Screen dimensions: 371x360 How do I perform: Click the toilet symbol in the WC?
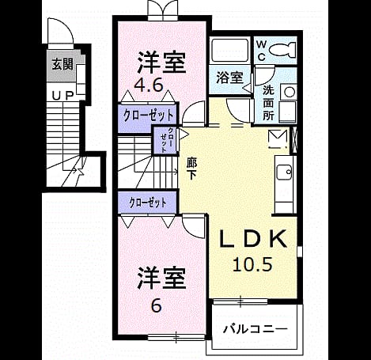(282, 49)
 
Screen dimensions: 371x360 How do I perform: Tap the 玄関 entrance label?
(62, 64)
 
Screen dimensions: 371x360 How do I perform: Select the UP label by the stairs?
(62, 96)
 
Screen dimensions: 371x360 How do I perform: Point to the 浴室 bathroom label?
(229, 78)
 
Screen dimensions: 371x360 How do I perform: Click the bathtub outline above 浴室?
(229, 50)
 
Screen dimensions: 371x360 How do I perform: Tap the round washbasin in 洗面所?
(290, 92)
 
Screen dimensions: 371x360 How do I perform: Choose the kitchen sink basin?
(284, 172)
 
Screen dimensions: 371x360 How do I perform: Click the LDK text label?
(253, 239)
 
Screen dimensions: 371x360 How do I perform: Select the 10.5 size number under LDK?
(252, 264)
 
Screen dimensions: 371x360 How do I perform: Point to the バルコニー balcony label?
(255, 329)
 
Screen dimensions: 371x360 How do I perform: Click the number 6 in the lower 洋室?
(157, 305)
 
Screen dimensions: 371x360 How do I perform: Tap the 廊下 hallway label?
(191, 168)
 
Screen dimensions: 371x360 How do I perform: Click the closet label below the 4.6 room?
(149, 116)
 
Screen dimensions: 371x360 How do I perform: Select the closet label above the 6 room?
(148, 203)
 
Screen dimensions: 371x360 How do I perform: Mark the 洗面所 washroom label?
(268, 103)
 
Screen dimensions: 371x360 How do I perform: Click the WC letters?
(261, 51)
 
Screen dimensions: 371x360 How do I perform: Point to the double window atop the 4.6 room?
(163, 10)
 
